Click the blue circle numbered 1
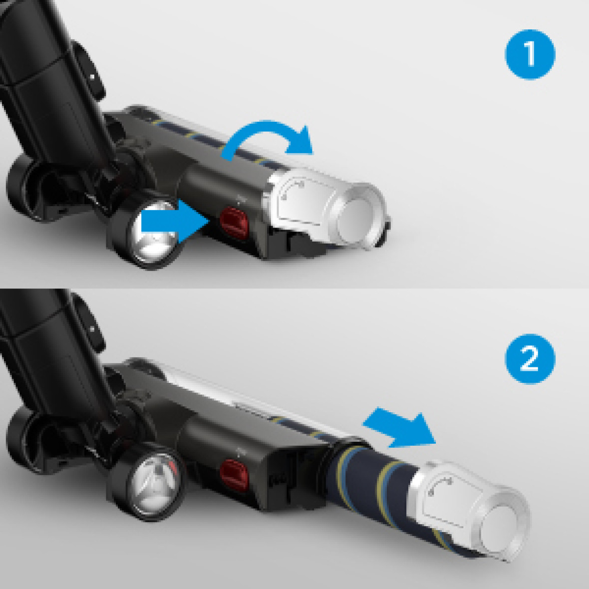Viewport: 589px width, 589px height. point(530,54)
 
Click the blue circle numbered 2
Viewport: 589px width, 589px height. point(530,358)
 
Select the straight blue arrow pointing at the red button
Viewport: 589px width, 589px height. point(175,222)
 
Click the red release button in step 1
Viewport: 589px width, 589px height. point(234,223)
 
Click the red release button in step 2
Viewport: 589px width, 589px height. point(234,475)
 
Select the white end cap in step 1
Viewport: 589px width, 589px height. point(327,209)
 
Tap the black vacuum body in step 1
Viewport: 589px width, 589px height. point(49,75)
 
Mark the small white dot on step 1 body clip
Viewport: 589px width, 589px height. point(92,77)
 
